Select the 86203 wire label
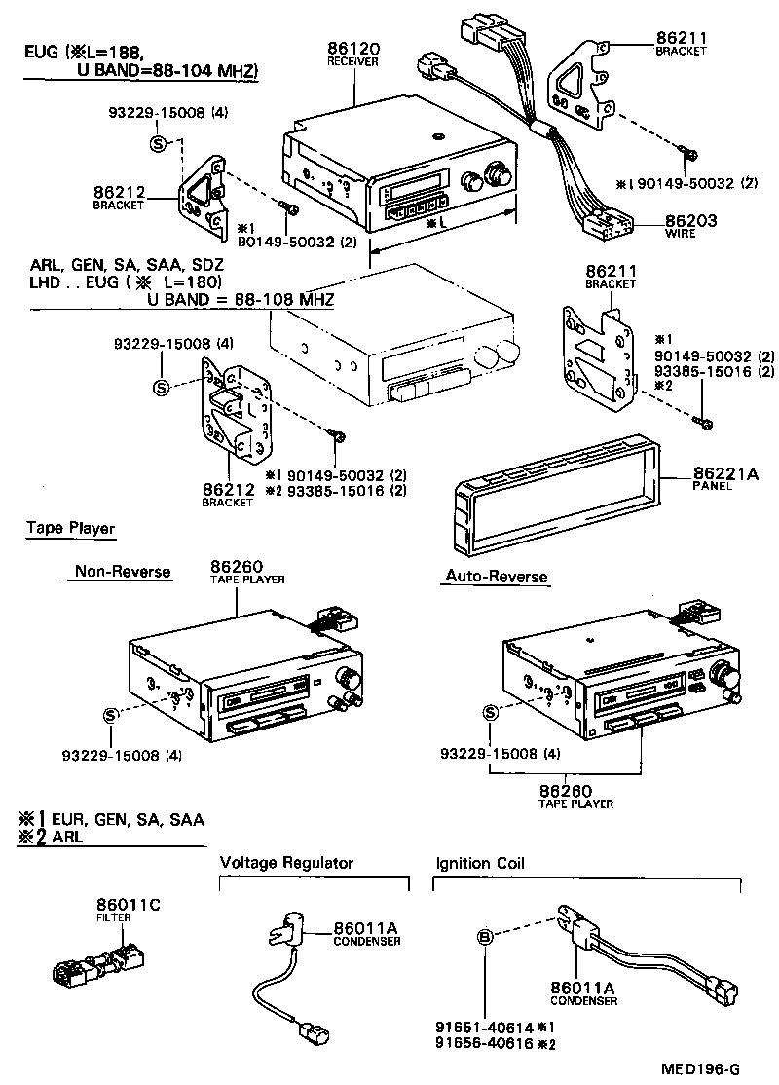(x=690, y=221)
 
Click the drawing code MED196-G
(x=702, y=1069)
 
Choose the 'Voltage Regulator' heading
(x=286, y=862)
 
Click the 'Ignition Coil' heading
(x=480, y=862)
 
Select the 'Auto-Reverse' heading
(x=497, y=577)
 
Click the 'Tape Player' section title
(x=70, y=529)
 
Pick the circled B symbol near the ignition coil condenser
(x=484, y=938)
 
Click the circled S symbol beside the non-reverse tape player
(x=110, y=716)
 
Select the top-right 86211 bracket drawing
(x=582, y=89)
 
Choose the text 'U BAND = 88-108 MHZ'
(x=241, y=299)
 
